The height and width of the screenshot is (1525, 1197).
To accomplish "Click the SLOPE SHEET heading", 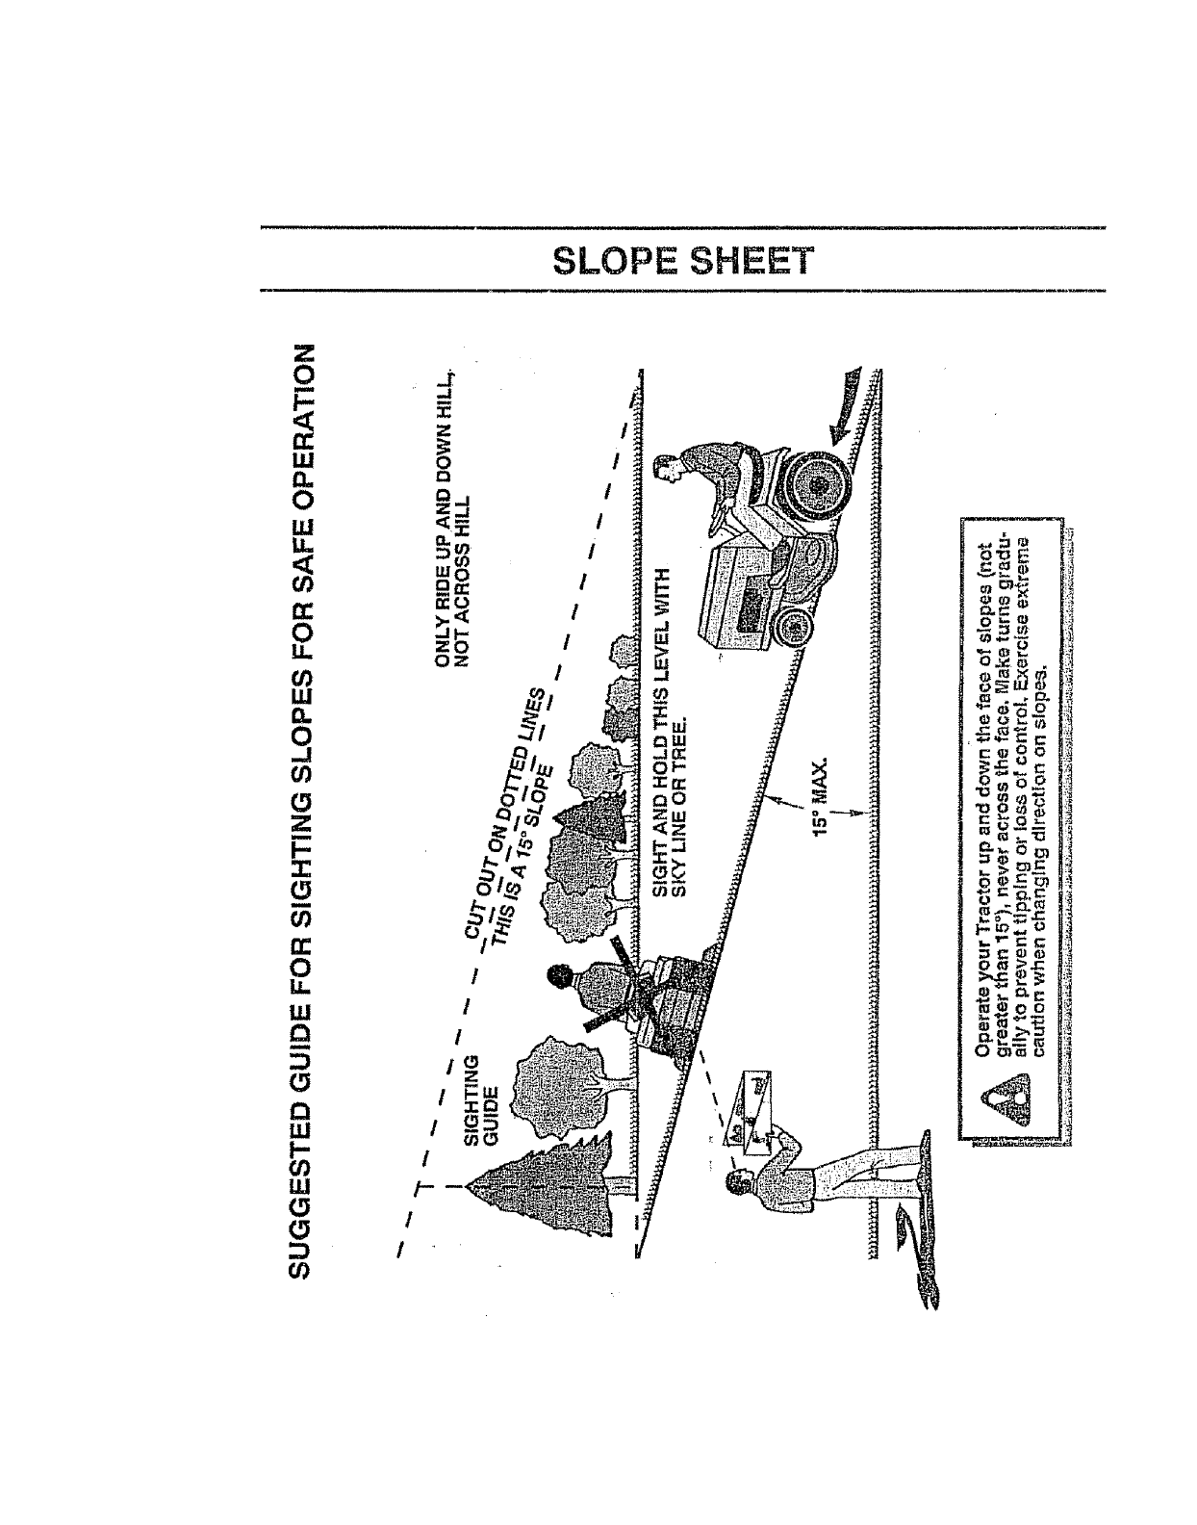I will [x=681, y=260].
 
